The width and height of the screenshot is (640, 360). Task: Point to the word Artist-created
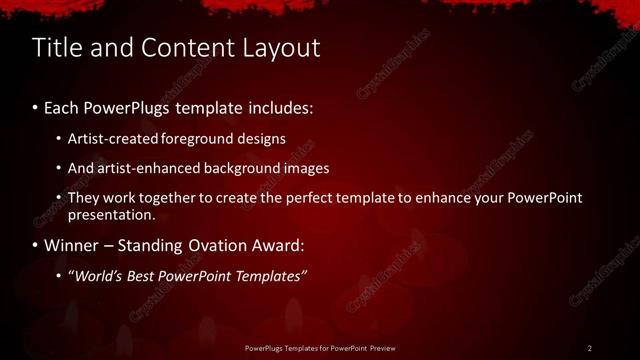click(x=112, y=139)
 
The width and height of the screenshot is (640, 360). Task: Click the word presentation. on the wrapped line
click(x=112, y=215)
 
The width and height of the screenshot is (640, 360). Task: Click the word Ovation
click(x=229, y=245)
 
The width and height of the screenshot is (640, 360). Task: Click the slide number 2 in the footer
click(x=590, y=348)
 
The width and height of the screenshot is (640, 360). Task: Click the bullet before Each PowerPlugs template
click(x=36, y=106)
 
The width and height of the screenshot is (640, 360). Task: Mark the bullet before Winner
click(x=36, y=246)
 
